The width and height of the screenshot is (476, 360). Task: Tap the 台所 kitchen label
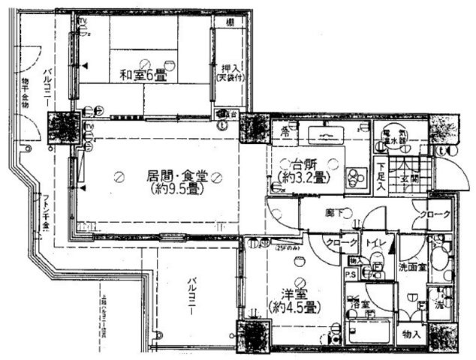(298, 165)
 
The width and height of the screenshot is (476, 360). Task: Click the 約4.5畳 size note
(294, 307)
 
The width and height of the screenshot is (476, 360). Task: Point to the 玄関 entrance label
(409, 178)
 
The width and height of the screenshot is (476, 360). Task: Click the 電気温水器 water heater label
(391, 134)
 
